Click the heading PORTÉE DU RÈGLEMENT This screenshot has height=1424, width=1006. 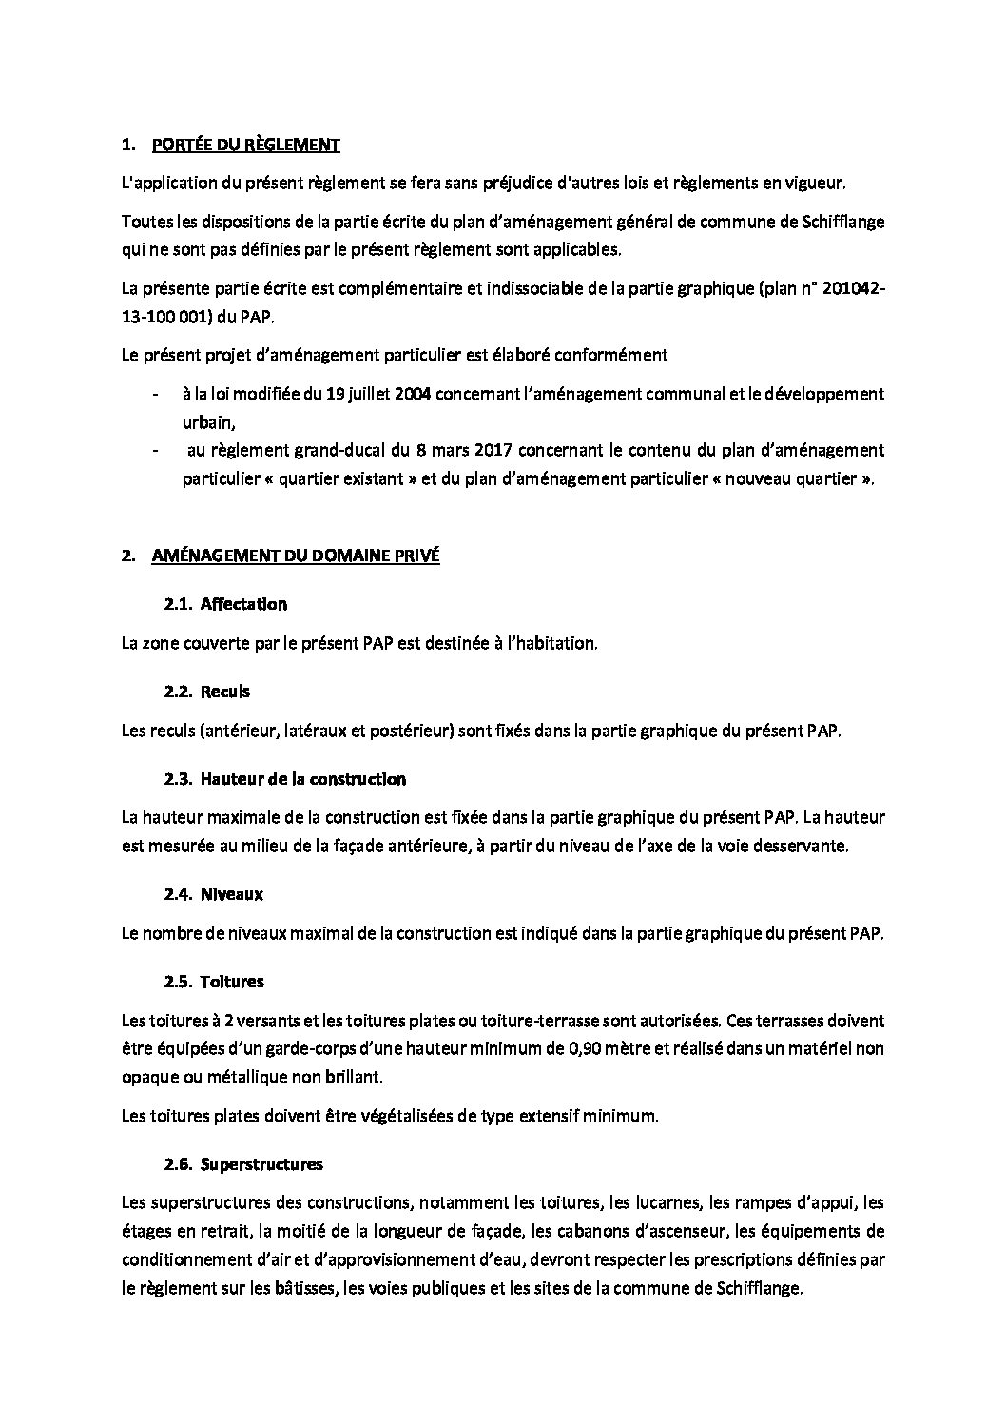tap(245, 146)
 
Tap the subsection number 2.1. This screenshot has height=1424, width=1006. tap(178, 604)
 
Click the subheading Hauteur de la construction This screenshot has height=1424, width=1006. tap(303, 779)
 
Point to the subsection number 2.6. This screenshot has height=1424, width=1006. tap(178, 1163)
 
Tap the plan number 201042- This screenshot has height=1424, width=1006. tap(843, 289)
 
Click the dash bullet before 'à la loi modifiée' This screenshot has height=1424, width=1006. tap(155, 394)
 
